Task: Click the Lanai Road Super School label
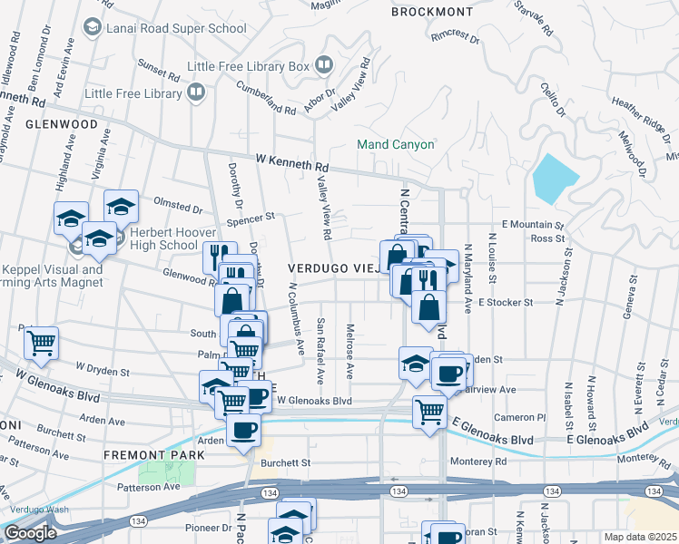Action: pos(176,28)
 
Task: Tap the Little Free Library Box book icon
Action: pos(323,64)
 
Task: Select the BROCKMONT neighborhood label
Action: pos(432,12)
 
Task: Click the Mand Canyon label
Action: pos(395,144)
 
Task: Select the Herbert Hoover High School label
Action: pos(152,238)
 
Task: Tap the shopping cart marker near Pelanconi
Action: pos(41,342)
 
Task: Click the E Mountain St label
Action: pos(533,223)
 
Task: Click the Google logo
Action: pos(30,533)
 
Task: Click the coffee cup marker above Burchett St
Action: pos(243,431)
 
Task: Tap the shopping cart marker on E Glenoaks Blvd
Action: pos(429,411)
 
